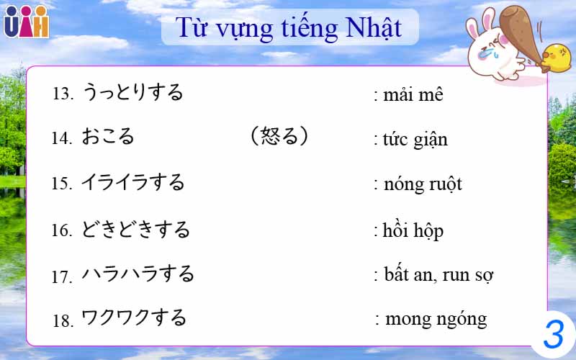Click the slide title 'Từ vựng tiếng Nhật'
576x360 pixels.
click(x=289, y=28)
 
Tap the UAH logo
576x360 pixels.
click(x=26, y=22)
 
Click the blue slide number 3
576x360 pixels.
click(x=553, y=335)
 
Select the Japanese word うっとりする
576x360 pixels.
click(x=132, y=92)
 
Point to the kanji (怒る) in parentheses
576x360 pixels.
click(x=279, y=136)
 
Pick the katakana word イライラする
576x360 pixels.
click(x=133, y=182)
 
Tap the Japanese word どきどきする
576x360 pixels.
click(x=136, y=230)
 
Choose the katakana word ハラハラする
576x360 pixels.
click(x=138, y=274)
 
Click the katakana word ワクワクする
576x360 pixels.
click(x=134, y=318)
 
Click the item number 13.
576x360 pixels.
click(x=63, y=94)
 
